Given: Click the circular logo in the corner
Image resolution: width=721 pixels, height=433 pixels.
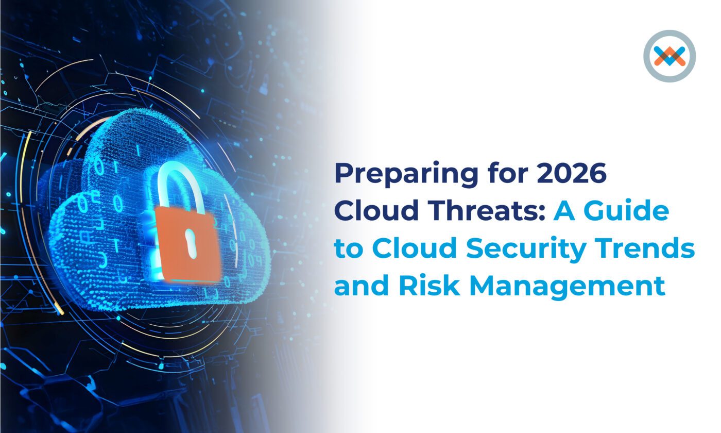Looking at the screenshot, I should tap(669, 56).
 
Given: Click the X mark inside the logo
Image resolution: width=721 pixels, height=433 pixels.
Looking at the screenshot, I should tap(669, 56).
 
